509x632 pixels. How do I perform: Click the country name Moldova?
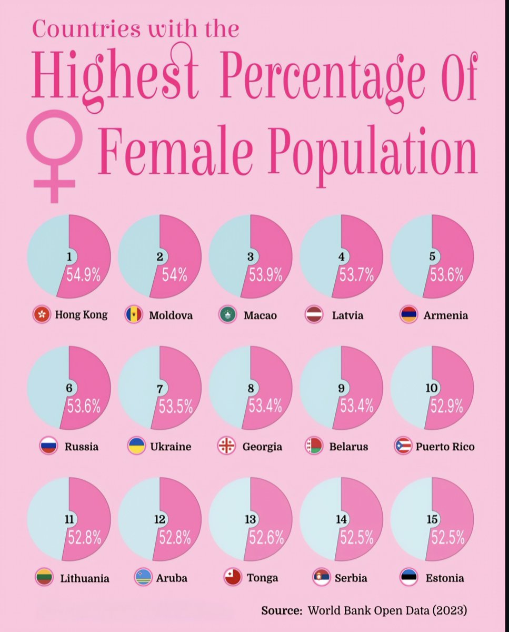tap(171, 315)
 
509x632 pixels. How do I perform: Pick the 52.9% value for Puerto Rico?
tap(447, 406)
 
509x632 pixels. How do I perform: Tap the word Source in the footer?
tap(282, 611)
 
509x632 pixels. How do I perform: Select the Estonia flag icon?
tap(409, 577)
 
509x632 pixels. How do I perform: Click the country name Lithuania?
tap(85, 578)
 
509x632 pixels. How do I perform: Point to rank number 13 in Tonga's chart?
tap(250, 519)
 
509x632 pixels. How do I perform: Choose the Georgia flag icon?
tap(227, 446)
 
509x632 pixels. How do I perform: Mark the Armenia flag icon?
tap(409, 315)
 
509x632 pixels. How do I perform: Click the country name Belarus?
tap(348, 447)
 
